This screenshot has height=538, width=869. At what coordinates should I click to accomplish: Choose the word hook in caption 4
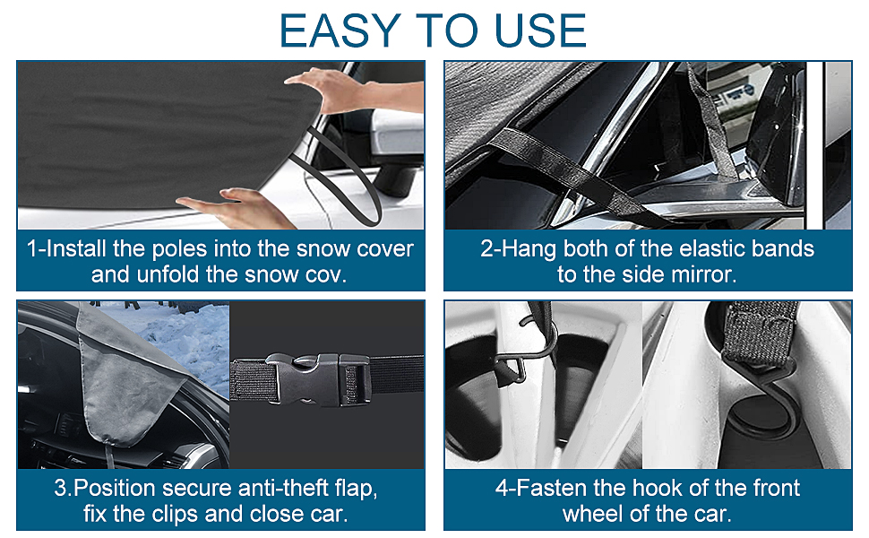pyautogui.click(x=657, y=488)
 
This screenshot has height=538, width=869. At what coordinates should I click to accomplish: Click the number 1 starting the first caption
pyautogui.click(x=32, y=249)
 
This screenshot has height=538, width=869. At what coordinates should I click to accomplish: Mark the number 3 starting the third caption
pyautogui.click(x=60, y=489)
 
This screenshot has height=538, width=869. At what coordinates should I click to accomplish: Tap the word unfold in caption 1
pyautogui.click(x=167, y=274)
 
